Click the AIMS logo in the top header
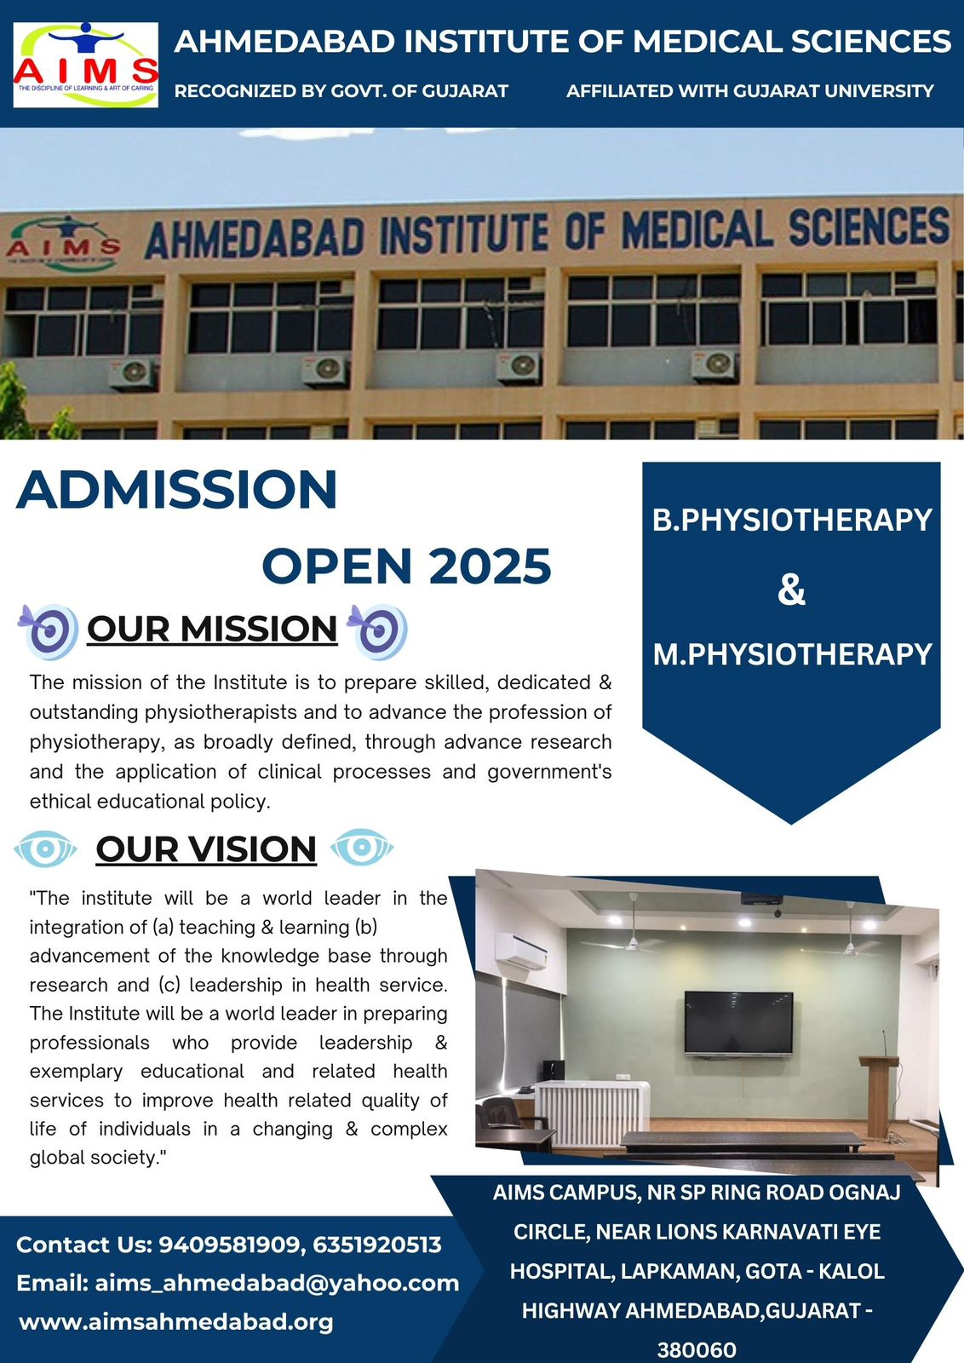(86, 65)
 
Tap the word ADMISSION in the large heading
(176, 489)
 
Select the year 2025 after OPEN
(491, 566)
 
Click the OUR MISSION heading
(212, 629)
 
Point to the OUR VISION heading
(206, 848)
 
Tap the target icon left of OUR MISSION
(48, 631)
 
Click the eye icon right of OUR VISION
(362, 847)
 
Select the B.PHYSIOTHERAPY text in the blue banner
(792, 520)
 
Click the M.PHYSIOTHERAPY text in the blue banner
(793, 654)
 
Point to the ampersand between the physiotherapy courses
(791, 589)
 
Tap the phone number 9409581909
(232, 1245)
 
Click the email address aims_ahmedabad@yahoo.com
(278, 1283)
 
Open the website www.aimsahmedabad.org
(176, 1322)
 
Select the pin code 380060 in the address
(697, 1349)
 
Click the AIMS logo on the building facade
(63, 244)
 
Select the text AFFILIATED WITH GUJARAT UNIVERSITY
(750, 91)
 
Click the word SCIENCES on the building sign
(869, 226)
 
